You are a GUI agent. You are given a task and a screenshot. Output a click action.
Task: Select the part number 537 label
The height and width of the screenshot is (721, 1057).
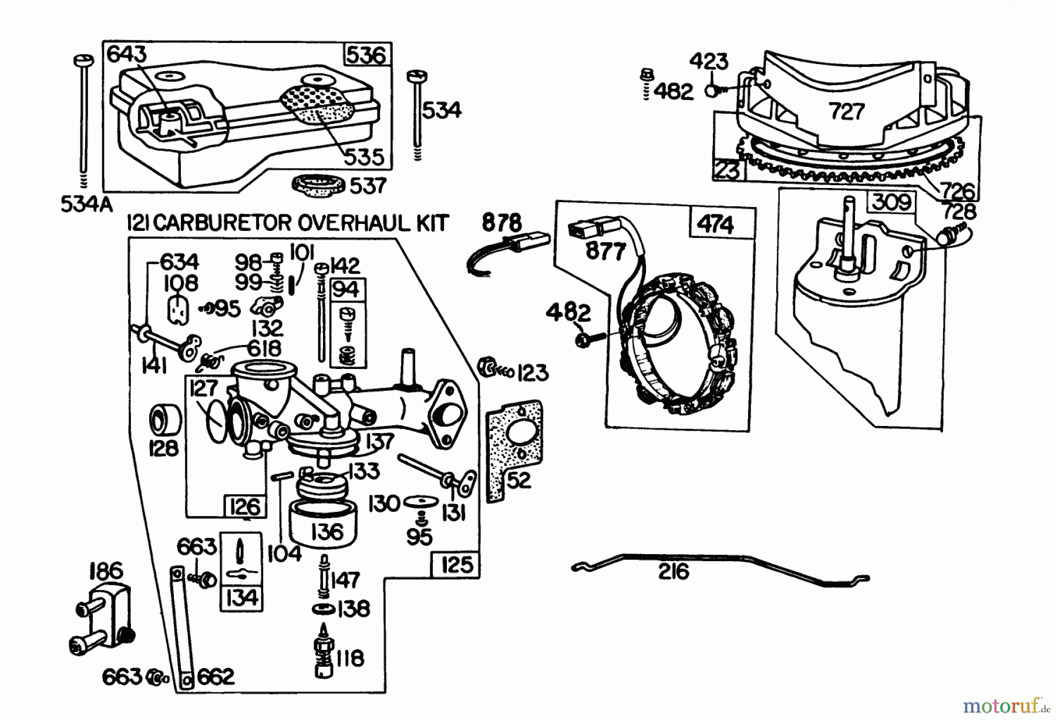pos(368,186)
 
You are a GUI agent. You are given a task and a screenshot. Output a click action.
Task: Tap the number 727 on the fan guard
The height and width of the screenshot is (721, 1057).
pos(847,111)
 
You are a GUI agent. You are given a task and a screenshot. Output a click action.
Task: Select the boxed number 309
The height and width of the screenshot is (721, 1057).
pos(891,203)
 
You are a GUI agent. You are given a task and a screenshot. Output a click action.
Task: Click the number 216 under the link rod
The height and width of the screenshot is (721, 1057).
pos(674,571)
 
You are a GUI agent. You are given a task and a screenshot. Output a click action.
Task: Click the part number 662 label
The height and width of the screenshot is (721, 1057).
pos(216,677)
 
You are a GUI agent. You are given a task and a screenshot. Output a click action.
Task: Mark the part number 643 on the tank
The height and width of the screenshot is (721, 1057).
pos(126,54)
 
